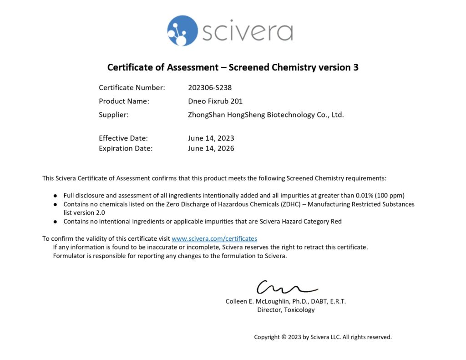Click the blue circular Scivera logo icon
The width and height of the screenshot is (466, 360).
182,30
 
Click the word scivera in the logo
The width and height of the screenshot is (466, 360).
247,31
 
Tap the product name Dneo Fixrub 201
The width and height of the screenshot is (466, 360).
215,101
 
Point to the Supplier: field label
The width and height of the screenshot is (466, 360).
114,115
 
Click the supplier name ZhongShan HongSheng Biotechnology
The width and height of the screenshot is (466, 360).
266,115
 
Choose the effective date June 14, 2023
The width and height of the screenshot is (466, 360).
211,138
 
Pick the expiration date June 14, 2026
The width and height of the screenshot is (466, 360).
211,148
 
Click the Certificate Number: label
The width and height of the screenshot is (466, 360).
132,87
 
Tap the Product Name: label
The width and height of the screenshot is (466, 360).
124,101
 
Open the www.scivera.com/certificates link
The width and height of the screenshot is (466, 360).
214,238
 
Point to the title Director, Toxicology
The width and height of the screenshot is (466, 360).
286,310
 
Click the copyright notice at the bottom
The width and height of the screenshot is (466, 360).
323,337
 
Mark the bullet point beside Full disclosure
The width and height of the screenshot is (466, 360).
55,195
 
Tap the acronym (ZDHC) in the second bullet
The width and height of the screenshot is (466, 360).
288,204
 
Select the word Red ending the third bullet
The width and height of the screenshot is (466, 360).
335,222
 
